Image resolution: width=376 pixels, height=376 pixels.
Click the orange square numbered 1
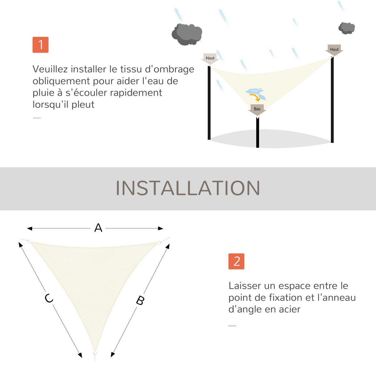(x=40, y=45)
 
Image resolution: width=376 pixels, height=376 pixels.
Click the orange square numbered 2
(x=236, y=261)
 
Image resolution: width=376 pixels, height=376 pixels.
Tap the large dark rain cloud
(x=187, y=34)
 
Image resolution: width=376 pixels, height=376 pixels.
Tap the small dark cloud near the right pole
(x=346, y=28)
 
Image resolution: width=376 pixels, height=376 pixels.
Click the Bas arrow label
(x=257, y=109)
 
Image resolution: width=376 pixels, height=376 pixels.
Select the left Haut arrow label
(x=210, y=59)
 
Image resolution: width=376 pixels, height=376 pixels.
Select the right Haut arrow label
(x=334, y=50)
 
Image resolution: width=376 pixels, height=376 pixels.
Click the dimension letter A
(x=98, y=228)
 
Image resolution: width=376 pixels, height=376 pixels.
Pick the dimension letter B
(x=140, y=300)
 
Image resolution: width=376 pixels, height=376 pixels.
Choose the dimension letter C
(x=49, y=298)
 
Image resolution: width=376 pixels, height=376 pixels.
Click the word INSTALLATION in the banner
(x=188, y=188)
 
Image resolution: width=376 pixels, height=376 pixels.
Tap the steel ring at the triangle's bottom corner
(x=94, y=354)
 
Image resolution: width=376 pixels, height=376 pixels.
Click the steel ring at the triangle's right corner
(x=159, y=242)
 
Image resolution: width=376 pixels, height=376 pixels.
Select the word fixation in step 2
(x=286, y=297)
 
